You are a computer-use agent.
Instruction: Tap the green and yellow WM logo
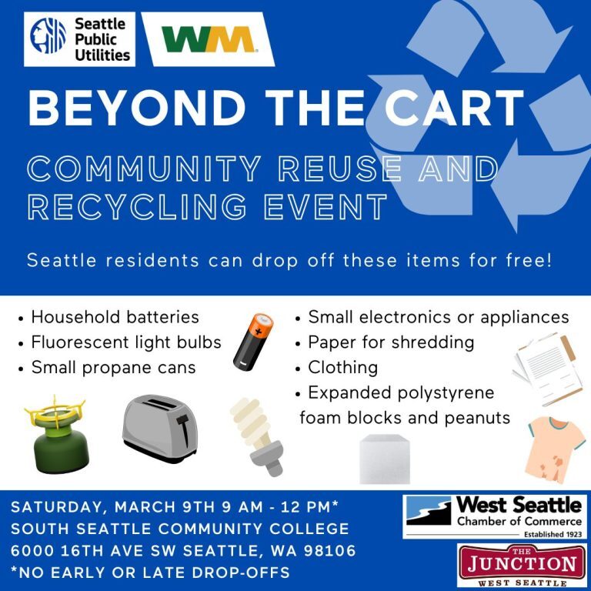208,39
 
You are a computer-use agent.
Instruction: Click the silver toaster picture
161,428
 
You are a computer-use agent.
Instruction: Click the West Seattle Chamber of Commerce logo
495,516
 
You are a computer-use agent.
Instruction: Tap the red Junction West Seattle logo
522,566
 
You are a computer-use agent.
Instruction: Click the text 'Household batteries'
115,317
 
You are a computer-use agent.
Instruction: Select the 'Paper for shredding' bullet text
391,342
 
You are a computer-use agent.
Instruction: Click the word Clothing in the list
342,368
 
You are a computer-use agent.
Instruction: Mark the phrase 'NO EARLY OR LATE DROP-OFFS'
154,573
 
